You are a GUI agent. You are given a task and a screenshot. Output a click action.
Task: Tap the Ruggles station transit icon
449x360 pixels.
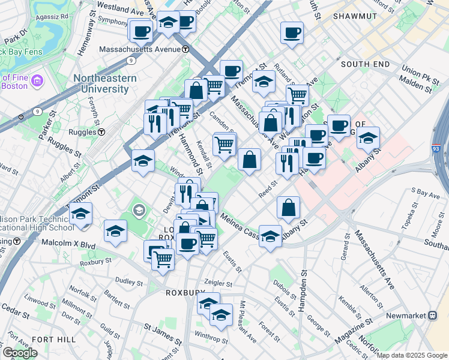tap(102, 132)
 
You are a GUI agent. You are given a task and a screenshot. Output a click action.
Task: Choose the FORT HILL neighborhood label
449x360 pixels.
tap(54, 340)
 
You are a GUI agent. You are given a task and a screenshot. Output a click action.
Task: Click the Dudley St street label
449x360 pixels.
tap(129, 282)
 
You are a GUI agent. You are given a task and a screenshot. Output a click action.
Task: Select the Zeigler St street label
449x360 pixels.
tap(218, 283)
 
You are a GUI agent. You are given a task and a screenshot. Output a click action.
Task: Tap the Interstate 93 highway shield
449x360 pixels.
tap(436, 146)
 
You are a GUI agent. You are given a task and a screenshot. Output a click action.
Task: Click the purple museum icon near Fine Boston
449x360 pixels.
tap(37, 80)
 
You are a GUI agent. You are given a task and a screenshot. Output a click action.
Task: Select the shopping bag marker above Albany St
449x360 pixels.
tap(289, 207)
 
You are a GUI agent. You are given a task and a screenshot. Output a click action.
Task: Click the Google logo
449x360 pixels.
tap(19, 353)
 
